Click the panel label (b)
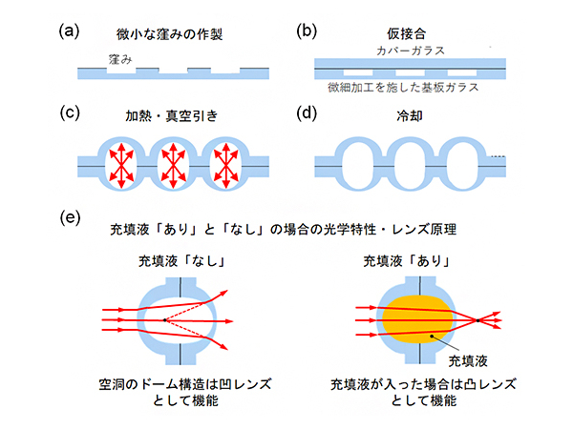click(x=307, y=30)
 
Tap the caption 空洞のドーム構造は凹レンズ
click(x=180, y=383)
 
